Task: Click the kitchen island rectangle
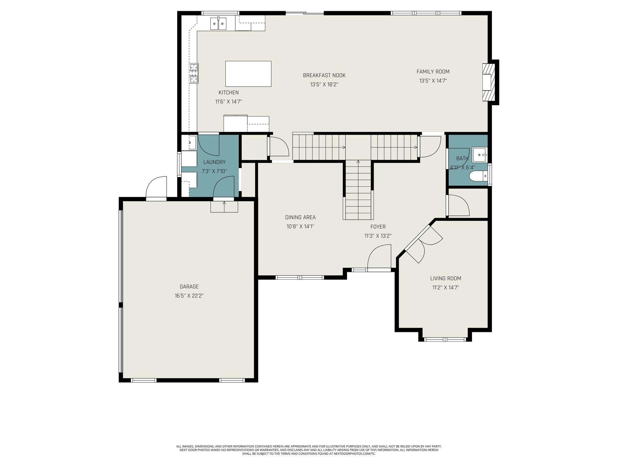point(248,74)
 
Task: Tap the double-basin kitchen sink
point(218,23)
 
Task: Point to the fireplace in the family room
point(489,82)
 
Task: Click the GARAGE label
point(189,287)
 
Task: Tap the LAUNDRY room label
point(214,162)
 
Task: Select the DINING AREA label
point(300,217)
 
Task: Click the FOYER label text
point(378,227)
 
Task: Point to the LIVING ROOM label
point(446,278)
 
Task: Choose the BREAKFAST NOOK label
point(324,75)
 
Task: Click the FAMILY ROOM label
point(433,72)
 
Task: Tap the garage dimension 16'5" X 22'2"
point(189,296)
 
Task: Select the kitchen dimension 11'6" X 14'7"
point(228,102)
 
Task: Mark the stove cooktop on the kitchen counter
point(194,73)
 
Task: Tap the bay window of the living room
point(445,339)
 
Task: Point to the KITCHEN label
point(228,93)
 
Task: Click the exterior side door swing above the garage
point(156,187)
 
